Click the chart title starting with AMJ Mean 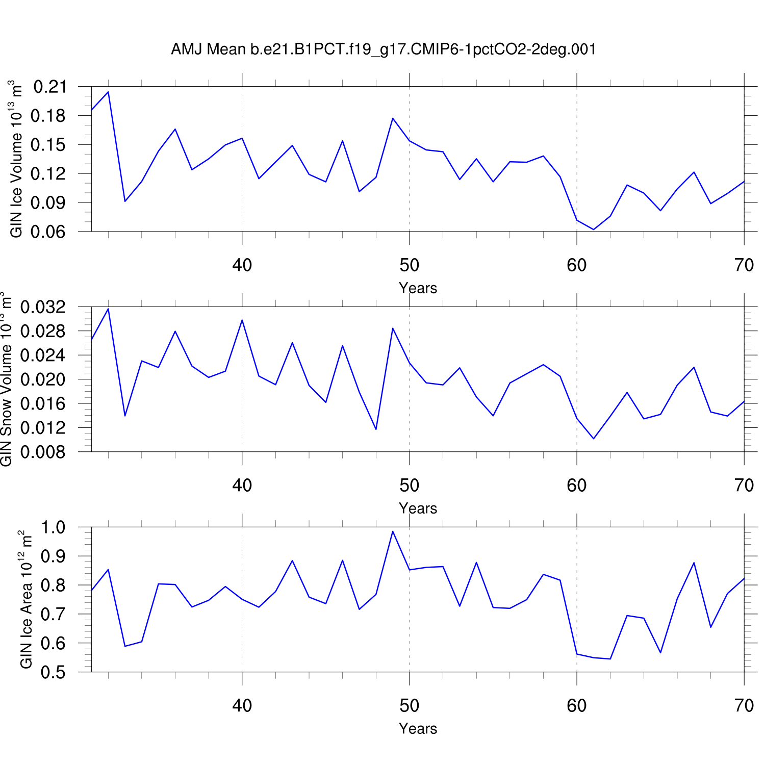[383, 49]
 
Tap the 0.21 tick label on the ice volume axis [50, 87]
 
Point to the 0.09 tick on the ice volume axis [50, 203]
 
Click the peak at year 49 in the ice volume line [393, 118]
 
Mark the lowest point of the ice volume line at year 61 [594, 229]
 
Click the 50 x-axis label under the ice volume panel [409, 265]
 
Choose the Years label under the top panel [418, 288]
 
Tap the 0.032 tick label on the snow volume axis [43, 308]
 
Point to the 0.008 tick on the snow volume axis [43, 452]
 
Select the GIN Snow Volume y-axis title [6, 379]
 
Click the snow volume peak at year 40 [242, 320]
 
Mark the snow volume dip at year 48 [376, 429]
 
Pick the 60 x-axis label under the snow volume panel [576, 486]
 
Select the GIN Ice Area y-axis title [26, 600]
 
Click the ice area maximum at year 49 [393, 531]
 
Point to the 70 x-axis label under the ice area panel [744, 706]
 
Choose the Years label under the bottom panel [418, 729]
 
